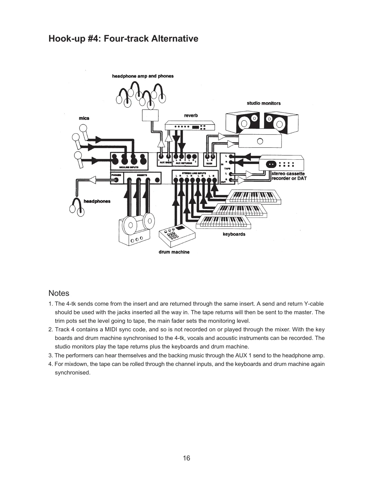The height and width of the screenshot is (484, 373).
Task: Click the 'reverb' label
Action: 191,115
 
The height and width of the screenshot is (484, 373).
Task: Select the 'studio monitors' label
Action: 263,103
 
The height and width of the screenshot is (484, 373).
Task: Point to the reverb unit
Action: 190,126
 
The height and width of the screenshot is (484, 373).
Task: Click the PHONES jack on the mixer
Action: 116,180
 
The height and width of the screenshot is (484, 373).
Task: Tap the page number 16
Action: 186,458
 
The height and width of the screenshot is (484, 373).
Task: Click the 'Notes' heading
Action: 59,293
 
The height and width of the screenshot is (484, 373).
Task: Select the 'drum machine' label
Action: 174,252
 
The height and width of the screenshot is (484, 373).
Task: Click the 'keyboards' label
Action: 234,234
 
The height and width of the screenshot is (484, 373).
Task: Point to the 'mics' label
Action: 84,118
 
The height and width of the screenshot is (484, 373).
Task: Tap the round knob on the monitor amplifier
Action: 260,141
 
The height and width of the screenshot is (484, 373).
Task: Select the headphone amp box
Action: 150,115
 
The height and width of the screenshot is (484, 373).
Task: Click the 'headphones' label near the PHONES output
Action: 97,201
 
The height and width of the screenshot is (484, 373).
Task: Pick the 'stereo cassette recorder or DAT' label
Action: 289,176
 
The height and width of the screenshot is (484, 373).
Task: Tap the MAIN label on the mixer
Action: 209,163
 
